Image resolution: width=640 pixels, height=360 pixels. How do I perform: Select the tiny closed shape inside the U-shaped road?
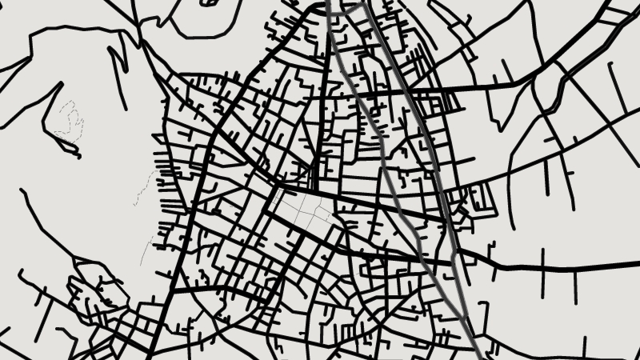[210, 2]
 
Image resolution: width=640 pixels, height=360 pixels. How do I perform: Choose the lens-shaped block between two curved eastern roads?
[552, 88]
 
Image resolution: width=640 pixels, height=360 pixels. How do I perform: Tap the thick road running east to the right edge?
[560, 265]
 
